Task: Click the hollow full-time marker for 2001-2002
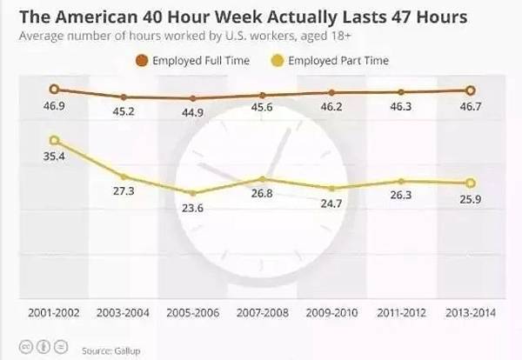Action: [54, 89]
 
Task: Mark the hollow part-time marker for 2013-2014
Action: [471, 183]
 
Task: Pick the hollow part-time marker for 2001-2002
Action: [54, 140]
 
